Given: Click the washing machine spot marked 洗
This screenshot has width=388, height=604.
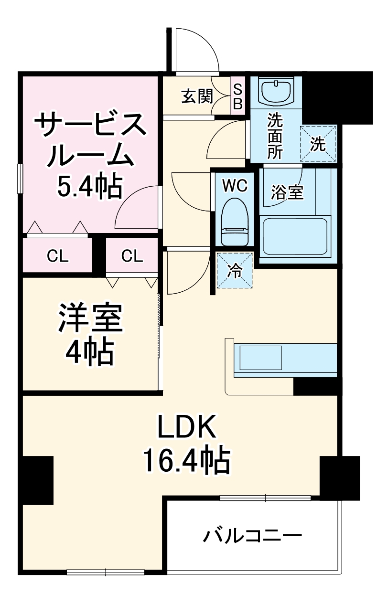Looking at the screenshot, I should (x=318, y=144).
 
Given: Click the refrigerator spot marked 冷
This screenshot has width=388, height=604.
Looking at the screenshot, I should (x=235, y=271).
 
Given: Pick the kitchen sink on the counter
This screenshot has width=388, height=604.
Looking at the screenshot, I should (x=260, y=357).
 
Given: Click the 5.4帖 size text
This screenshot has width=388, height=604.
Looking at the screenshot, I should (x=89, y=187).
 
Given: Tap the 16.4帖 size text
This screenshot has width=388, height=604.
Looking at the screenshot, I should (x=186, y=460).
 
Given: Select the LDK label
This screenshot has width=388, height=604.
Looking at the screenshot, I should (x=187, y=426).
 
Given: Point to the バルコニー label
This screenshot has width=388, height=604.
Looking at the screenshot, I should (x=252, y=536).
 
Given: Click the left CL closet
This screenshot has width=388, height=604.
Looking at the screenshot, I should (x=57, y=256).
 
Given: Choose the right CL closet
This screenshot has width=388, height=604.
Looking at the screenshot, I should (x=132, y=256).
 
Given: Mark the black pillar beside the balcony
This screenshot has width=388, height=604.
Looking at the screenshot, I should (x=339, y=477).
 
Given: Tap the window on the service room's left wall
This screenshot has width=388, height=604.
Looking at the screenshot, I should (x=20, y=178).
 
